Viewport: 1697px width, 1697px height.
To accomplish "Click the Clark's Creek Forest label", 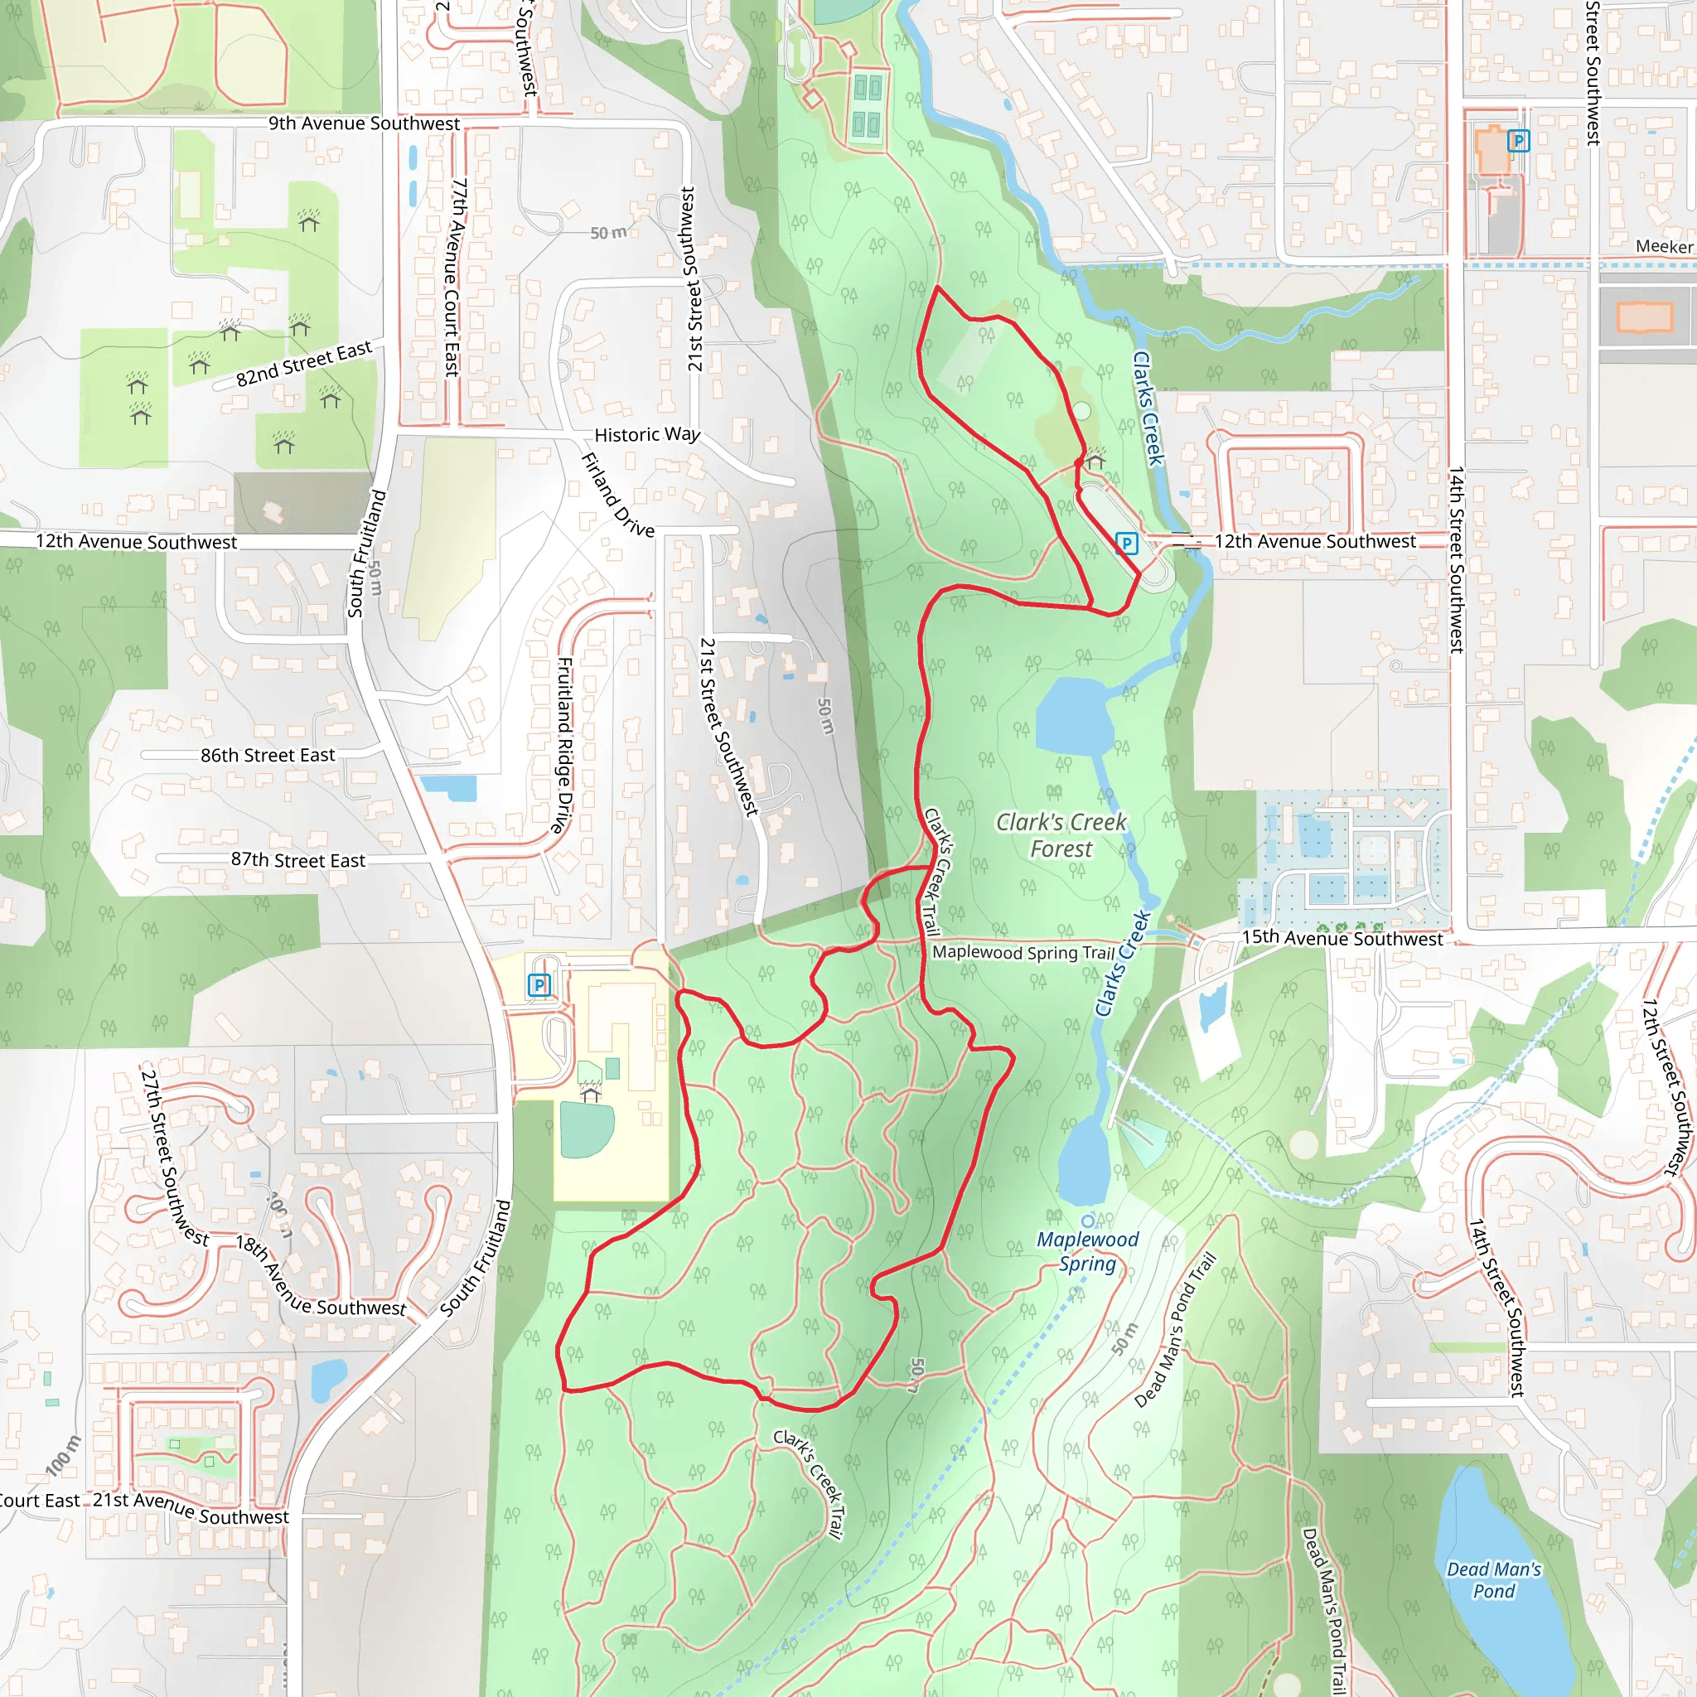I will [1061, 835].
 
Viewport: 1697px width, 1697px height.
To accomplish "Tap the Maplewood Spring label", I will [1087, 1252].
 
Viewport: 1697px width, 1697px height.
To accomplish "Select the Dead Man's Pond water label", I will [1494, 1579].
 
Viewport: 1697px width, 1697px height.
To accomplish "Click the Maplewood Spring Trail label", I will [1023, 952].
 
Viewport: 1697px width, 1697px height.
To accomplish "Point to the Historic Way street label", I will [647, 435].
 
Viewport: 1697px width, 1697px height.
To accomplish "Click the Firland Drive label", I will [618, 495].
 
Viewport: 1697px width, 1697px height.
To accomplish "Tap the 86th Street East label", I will [268, 756].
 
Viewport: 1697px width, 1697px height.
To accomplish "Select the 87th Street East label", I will [297, 861].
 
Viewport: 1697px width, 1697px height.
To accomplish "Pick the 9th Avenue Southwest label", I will [364, 123].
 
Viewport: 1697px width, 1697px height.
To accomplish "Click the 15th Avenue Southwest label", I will [1342, 938].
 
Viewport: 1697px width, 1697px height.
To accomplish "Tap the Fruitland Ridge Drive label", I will [565, 745].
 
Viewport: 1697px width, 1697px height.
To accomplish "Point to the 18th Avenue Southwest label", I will [321, 1279].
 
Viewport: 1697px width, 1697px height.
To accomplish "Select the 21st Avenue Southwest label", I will [191, 1507].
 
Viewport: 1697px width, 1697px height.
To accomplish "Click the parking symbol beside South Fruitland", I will [539, 985].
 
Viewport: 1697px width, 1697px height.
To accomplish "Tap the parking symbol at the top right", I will [1519, 141].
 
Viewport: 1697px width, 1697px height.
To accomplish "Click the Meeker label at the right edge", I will [1664, 247].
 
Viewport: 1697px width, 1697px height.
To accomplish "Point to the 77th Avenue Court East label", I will [454, 277].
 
